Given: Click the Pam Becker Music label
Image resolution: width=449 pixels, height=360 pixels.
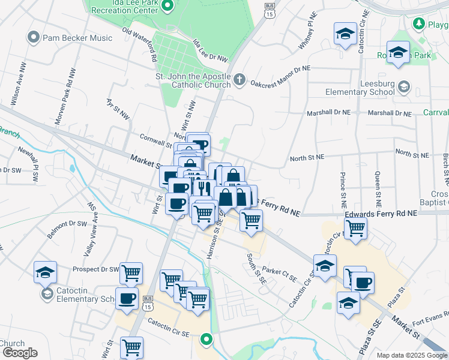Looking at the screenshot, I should pyautogui.click(x=77, y=38).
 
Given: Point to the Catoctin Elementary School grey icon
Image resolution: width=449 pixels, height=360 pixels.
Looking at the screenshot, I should pyautogui.click(x=46, y=294).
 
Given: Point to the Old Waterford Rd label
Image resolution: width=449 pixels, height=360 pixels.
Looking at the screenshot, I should pyautogui.click(x=139, y=43).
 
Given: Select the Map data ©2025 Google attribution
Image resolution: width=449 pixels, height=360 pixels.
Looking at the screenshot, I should pyautogui.click(x=412, y=355).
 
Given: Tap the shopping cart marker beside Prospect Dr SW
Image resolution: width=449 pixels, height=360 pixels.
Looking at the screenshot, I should pyautogui.click(x=131, y=274).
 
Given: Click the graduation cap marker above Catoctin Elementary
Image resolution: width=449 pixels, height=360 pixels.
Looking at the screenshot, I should pyautogui.click(x=46, y=272).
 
